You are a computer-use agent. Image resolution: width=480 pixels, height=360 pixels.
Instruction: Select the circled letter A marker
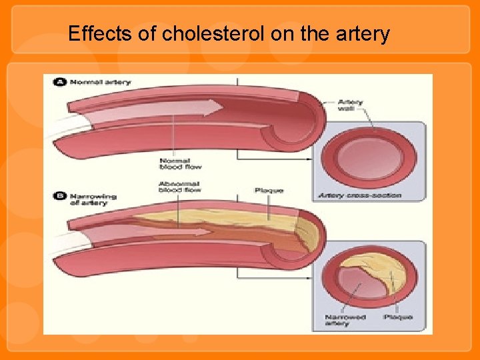[x=59, y=82]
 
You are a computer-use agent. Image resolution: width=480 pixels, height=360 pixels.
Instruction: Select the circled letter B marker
[x=59, y=196]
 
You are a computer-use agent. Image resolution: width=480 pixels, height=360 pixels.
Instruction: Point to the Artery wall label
[x=350, y=106]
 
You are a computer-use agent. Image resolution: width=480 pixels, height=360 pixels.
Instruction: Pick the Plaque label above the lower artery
[x=269, y=191]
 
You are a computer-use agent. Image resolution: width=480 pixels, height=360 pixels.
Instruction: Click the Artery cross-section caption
[x=359, y=195]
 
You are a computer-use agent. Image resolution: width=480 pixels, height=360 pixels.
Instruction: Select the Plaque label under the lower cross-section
[x=398, y=317]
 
